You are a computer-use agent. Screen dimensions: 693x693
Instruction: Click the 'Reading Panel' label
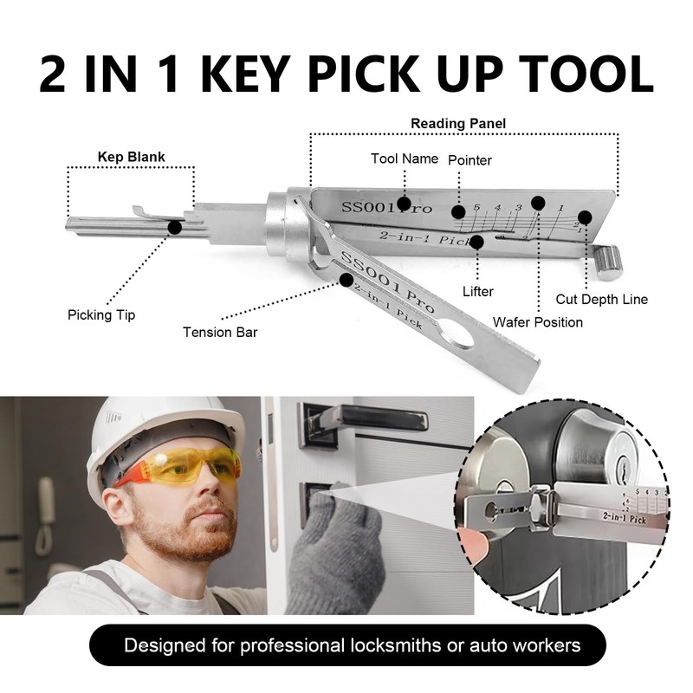458,124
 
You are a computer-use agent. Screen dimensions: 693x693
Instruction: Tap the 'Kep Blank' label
131,157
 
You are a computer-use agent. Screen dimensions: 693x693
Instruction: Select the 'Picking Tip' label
101,315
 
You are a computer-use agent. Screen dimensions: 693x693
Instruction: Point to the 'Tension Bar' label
219,331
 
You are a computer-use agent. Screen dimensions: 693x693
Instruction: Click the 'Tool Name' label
404,159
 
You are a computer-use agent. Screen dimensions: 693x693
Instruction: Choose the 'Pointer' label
470,160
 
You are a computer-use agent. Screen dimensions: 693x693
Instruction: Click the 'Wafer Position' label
537,321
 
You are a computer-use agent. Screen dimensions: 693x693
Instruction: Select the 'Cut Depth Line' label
601,300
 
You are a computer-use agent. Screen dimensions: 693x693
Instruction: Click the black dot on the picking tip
174,227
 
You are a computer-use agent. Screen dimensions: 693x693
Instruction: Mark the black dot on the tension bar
348,279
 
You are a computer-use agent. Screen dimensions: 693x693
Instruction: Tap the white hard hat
156,433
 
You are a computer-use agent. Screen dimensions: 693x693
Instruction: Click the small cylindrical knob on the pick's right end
610,260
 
